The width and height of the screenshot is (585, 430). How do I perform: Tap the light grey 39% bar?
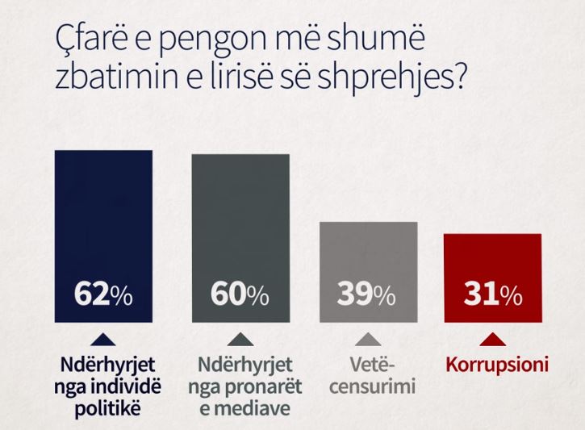[x=369, y=270]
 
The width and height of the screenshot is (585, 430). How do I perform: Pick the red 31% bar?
[x=492, y=278]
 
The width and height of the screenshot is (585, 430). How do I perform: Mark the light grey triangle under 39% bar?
[x=367, y=338]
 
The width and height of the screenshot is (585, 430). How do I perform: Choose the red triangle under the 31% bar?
[x=493, y=338]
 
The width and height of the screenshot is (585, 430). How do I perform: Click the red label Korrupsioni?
[x=497, y=365]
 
